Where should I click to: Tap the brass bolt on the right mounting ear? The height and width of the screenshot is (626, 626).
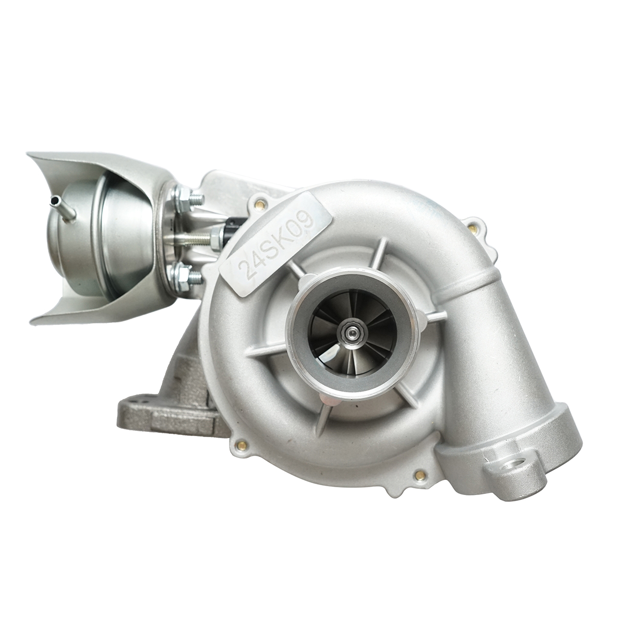pyautogui.click(x=473, y=227)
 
